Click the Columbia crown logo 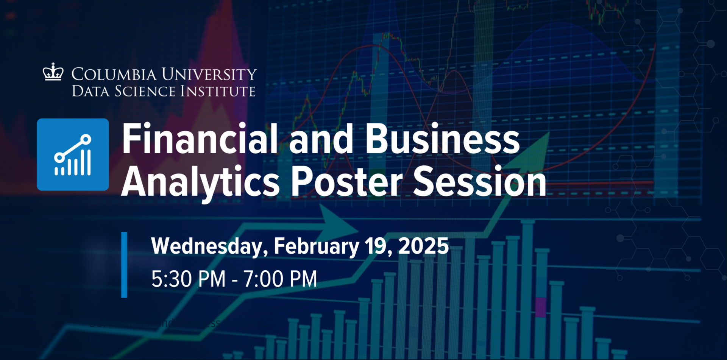click(53, 72)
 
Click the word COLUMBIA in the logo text click(114, 74)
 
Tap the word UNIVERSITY click(209, 74)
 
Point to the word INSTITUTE click(218, 91)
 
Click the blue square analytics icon click(73, 154)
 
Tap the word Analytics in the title click(200, 182)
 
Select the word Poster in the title click(346, 182)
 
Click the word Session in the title click(479, 182)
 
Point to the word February click(316, 246)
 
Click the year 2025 click(423, 246)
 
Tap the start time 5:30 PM click(188, 279)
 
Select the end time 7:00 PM click(280, 279)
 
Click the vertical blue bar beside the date click(124, 265)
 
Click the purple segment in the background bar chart click(541, 307)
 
